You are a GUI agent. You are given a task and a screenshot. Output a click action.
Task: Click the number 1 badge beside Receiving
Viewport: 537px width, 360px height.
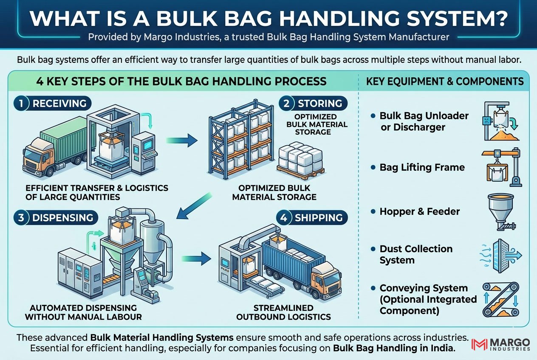(x=21, y=104)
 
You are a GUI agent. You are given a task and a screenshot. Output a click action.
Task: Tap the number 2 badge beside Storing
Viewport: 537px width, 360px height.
(x=286, y=104)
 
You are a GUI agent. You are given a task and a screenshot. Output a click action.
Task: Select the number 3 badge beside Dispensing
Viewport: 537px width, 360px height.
(x=21, y=217)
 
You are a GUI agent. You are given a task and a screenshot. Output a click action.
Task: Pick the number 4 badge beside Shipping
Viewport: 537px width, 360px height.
(x=284, y=217)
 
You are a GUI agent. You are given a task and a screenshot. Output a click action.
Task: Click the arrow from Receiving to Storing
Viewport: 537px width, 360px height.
(x=182, y=141)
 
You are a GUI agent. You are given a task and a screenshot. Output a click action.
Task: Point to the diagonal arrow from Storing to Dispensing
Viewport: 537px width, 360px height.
(x=194, y=206)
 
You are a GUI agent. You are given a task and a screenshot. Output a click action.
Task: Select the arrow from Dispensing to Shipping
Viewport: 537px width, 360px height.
(x=196, y=259)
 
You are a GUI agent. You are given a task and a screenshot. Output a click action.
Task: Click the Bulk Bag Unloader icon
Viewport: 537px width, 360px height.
(x=500, y=121)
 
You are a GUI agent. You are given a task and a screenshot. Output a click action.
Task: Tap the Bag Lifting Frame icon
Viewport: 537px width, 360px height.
(x=501, y=167)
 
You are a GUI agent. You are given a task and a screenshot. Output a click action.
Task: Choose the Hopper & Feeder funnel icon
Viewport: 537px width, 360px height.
(x=501, y=212)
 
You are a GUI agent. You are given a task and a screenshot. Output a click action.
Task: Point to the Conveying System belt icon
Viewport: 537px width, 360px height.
(x=500, y=299)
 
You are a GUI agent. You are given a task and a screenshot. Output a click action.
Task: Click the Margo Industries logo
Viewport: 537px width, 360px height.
(x=500, y=344)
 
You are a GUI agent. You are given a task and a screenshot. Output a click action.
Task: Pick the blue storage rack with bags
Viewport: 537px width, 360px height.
(x=241, y=140)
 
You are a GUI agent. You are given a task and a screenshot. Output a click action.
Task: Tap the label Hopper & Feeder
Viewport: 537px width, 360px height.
(x=420, y=211)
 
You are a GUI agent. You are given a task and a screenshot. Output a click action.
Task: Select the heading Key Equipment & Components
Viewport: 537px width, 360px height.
(x=445, y=82)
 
